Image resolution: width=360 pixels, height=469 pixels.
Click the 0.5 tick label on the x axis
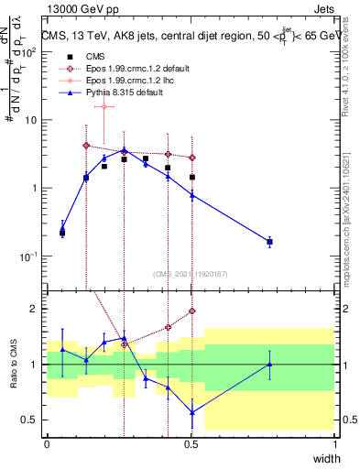pyautogui.click(x=191, y=444)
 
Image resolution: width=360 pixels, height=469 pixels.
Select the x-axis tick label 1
pyautogui.click(x=335, y=444)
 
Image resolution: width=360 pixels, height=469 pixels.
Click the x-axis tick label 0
pyautogui.click(x=48, y=444)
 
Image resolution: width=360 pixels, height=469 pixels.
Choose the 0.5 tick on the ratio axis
pyautogui.click(x=29, y=420)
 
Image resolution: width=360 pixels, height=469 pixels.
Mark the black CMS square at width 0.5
pyautogui.click(x=192, y=177)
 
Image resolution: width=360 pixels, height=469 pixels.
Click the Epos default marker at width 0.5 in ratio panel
pyautogui.click(x=192, y=311)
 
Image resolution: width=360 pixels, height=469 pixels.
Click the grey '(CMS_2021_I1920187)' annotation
pyautogui.click(x=191, y=273)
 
